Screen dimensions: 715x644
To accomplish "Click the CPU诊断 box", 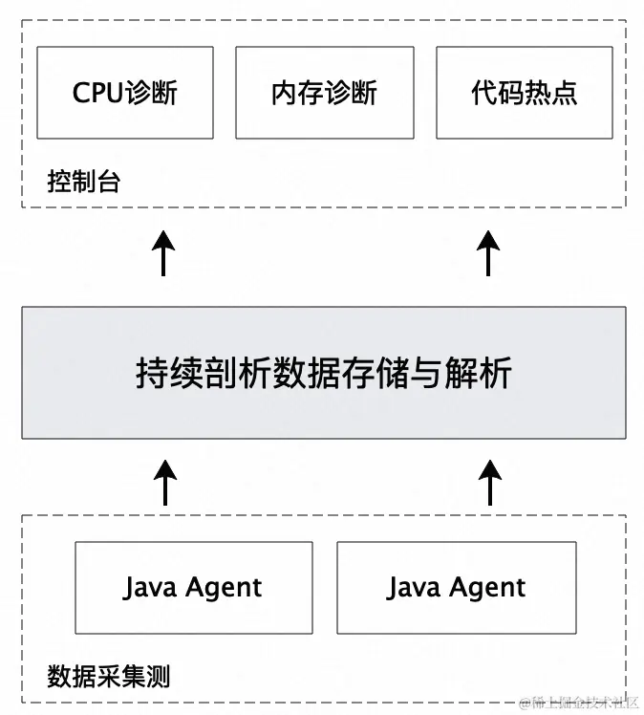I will click(124, 92).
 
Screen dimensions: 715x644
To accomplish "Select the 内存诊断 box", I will click(324, 92).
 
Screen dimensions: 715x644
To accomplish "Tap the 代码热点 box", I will click(524, 92).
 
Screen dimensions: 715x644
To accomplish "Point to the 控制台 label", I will click(83, 181).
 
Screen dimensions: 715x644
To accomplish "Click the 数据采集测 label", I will click(108, 677).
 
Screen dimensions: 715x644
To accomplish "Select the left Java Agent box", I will click(193, 588).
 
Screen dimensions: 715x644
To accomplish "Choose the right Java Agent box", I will click(457, 588).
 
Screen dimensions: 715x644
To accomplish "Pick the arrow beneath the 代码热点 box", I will click(488, 253).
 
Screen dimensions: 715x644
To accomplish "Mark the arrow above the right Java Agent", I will click(488, 483).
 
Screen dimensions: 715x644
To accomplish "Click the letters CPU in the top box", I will click(97, 93).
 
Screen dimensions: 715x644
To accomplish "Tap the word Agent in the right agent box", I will click(485, 588).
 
